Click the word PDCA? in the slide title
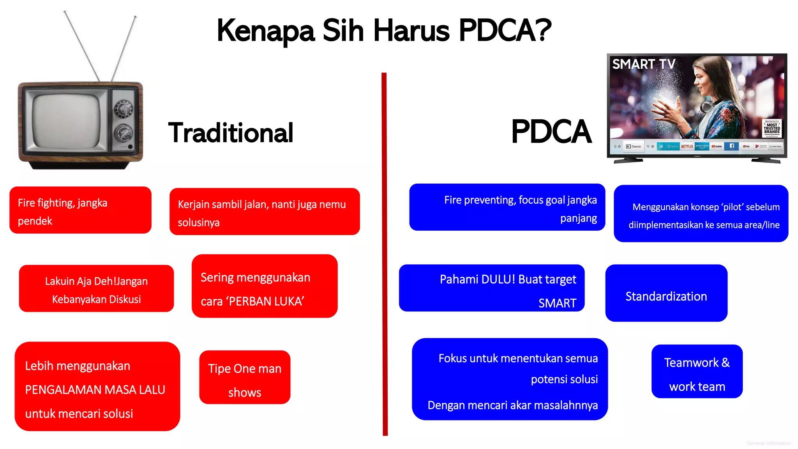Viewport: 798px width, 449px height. click(x=505, y=30)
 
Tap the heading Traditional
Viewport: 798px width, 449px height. click(x=230, y=133)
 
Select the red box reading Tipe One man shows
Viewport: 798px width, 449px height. click(x=245, y=377)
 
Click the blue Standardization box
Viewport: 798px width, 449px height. click(x=666, y=293)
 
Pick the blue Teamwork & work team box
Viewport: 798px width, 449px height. click(x=697, y=371)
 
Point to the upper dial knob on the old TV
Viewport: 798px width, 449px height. click(x=124, y=108)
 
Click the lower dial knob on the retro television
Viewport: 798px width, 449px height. click(x=124, y=133)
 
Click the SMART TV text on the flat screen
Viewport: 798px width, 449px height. click(x=643, y=64)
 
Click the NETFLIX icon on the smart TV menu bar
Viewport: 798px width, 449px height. click(x=687, y=147)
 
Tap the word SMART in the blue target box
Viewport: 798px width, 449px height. click(x=557, y=303)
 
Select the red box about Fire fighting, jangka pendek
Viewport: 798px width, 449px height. click(x=80, y=210)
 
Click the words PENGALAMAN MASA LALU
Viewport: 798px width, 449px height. click(x=95, y=390)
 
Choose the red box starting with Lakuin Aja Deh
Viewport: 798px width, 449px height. click(x=96, y=289)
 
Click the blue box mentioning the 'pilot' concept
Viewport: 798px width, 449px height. click(x=701, y=214)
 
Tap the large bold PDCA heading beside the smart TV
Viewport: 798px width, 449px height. click(x=551, y=132)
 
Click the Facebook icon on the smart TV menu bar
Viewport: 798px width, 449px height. click(x=732, y=146)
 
